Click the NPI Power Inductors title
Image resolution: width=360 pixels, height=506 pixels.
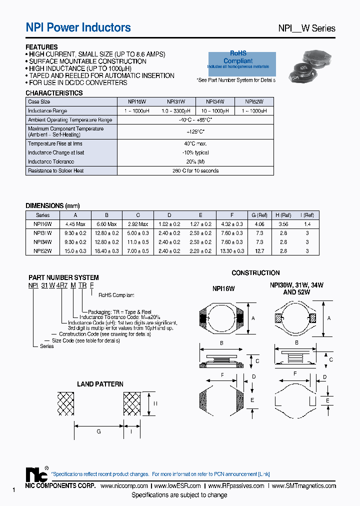point(78,28)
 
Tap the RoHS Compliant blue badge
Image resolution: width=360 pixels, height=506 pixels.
point(241,60)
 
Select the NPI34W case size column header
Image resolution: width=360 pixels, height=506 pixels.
point(215,101)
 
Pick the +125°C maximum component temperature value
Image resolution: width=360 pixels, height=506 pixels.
point(195,131)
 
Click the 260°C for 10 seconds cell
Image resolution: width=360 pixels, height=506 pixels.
point(195,170)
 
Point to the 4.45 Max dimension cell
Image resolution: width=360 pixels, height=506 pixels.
point(75,224)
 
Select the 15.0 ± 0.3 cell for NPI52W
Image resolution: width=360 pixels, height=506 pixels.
point(75,250)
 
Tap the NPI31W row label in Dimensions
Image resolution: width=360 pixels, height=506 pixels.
point(43,233)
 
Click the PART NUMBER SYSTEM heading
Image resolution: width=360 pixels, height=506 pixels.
point(63,277)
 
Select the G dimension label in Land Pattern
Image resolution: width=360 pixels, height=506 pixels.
point(99,431)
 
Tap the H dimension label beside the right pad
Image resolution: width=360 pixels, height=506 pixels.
point(155,403)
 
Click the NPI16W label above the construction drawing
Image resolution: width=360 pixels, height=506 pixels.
point(223,288)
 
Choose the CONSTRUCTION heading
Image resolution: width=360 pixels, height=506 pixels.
point(255,273)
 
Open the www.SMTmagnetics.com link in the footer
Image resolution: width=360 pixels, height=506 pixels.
point(304,486)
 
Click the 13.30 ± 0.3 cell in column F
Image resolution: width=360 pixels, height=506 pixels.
point(232,250)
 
